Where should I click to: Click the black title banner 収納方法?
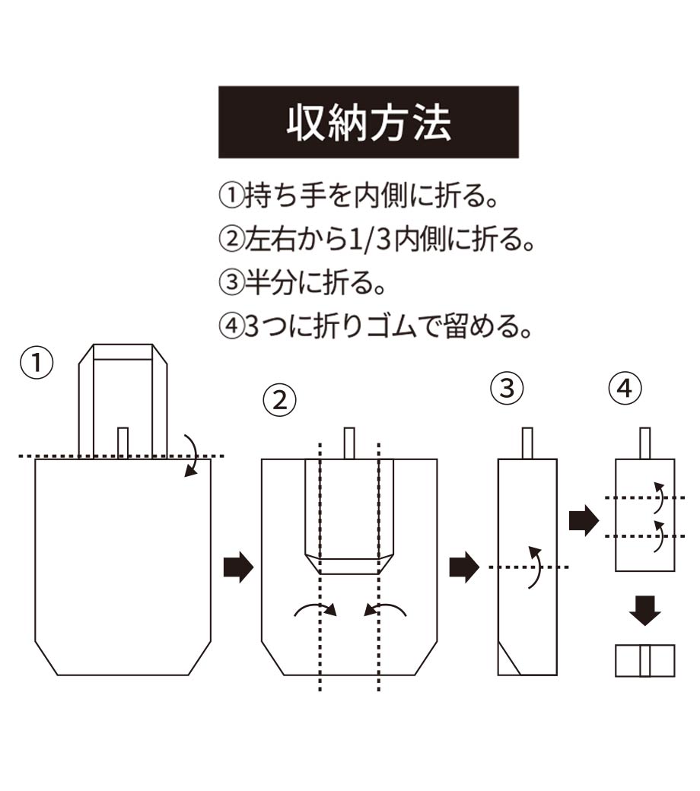[x=368, y=122]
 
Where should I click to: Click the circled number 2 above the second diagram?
[x=280, y=399]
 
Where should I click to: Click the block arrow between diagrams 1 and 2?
[x=237, y=567]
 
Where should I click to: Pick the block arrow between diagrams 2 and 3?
[x=464, y=567]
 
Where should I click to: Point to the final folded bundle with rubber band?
[x=644, y=660]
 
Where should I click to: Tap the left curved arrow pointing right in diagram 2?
[x=313, y=608]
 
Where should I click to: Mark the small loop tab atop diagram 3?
[x=527, y=443]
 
